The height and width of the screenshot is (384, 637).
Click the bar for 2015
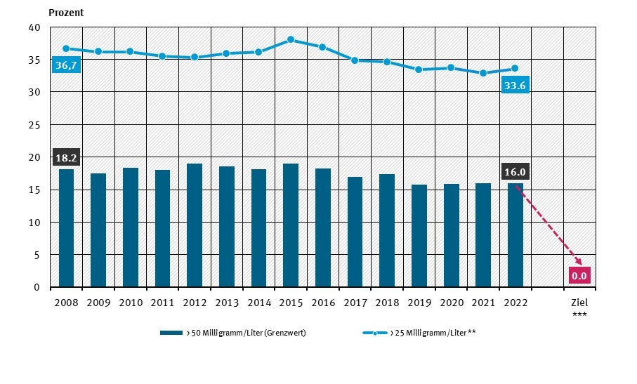pos(291,225)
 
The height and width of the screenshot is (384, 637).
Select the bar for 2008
pos(66,228)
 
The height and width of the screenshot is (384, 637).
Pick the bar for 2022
pos(515,235)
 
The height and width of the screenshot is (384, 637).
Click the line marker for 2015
pos(291,39)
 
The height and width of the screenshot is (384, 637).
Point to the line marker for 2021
pos(483,73)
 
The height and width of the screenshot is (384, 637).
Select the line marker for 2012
pos(195,57)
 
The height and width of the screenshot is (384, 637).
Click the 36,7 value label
pos(66,65)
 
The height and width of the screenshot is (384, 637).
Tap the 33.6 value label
pos(515,86)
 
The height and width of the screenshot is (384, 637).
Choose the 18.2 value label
pos(66,157)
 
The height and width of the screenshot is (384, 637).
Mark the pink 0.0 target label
pos(579,275)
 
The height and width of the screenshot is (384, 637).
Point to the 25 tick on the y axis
pos(34,125)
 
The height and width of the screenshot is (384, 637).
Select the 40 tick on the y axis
pos(34,27)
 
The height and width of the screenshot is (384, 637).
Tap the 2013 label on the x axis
pos(227,303)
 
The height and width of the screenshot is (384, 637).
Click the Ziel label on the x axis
pos(579,303)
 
